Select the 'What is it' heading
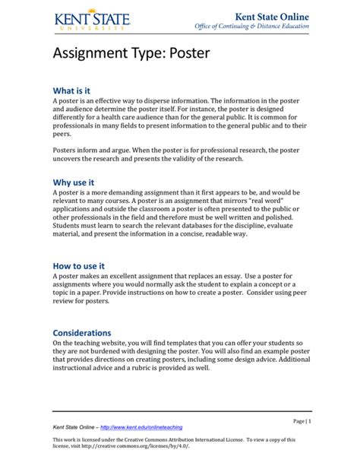(x=73, y=90)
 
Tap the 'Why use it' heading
(x=73, y=182)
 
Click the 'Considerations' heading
(x=81, y=333)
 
